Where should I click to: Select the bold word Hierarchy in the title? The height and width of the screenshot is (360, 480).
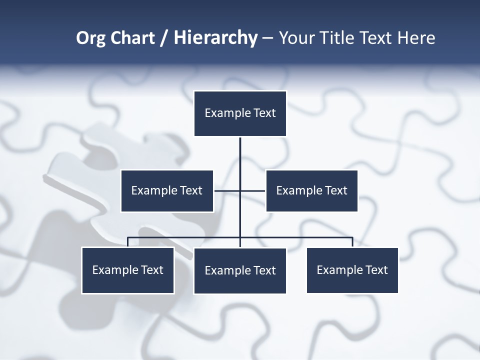click(215, 38)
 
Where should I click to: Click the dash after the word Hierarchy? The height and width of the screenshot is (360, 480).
click(267, 38)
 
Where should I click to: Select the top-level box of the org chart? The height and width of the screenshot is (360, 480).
click(240, 113)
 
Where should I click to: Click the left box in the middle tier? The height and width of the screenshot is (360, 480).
click(167, 191)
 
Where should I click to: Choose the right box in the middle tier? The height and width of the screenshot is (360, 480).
click(311, 191)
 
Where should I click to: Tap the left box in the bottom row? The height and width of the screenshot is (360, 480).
click(127, 270)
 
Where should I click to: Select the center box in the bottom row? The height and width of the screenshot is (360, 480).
click(240, 271)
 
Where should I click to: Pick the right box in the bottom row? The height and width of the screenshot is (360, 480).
click(352, 270)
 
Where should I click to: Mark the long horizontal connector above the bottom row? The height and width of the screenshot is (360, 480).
click(300, 237)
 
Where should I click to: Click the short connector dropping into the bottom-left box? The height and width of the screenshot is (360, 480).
click(127, 242)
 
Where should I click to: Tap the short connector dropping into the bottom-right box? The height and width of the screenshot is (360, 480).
click(352, 242)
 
